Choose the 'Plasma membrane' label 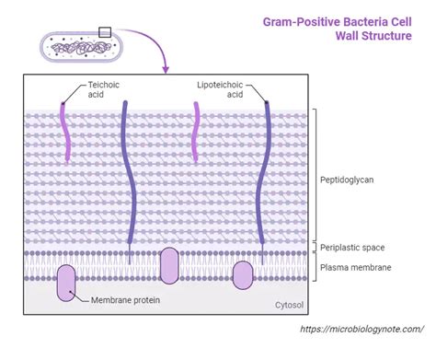click(355, 267)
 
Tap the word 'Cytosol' click(290, 306)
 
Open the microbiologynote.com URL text click(357, 328)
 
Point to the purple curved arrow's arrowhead click(166, 69)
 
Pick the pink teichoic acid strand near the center click(193, 134)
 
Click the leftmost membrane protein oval click(68, 282)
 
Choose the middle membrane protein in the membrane click(170, 265)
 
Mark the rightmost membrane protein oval click(243, 274)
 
